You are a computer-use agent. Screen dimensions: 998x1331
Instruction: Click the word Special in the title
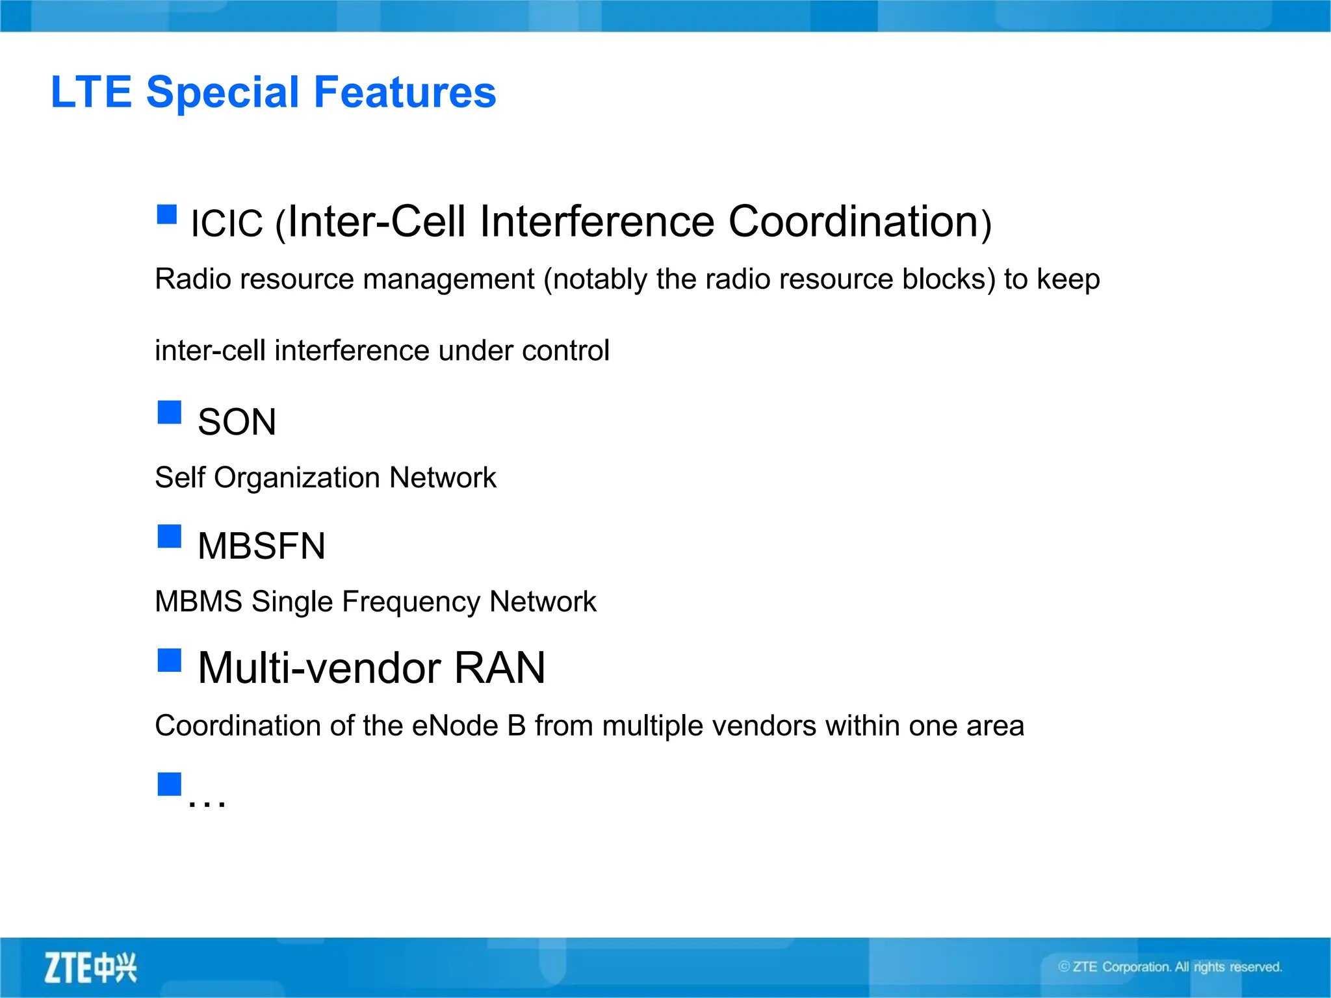pos(226,92)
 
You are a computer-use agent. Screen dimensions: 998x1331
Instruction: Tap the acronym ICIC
pos(227,224)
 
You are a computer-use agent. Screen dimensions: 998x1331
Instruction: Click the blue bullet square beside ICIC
pos(167,214)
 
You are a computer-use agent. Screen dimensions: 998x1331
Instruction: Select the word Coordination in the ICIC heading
pos(853,222)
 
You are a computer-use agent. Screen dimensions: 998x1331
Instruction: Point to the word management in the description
pos(448,279)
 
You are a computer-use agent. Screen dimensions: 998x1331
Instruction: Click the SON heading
pos(237,422)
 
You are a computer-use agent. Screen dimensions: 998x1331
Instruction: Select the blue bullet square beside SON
pos(170,412)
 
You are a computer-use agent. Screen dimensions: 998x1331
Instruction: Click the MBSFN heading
pos(261,546)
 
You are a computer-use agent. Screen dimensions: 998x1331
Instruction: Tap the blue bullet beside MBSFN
pos(170,536)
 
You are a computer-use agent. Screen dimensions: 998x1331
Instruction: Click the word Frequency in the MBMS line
pos(414,602)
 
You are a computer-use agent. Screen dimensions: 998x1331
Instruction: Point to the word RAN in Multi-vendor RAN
pos(499,668)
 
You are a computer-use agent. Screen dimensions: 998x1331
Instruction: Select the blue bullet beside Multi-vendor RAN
pos(170,660)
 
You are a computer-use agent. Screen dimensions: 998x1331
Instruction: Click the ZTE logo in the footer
pos(90,968)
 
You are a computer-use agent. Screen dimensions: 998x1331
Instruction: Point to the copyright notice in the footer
pos(1170,967)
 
